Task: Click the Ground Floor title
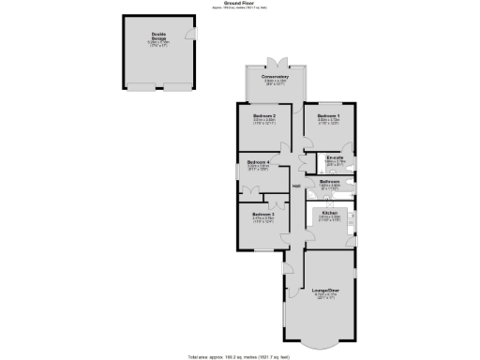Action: [240, 4]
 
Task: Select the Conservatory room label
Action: [275, 77]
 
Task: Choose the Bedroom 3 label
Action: [262, 216]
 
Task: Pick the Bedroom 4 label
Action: [258, 162]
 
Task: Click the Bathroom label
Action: [329, 180]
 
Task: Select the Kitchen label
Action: [330, 213]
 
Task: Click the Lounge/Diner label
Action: [324, 291]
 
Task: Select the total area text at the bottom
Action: [240, 357]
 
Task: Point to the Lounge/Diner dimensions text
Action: [324, 297]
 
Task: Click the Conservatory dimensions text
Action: [275, 82]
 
